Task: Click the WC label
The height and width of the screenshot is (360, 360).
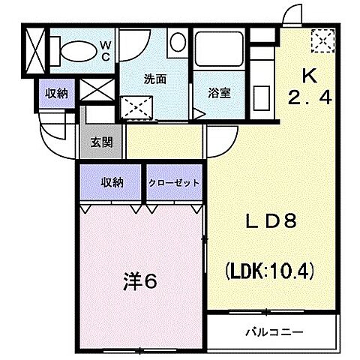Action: pyautogui.click(x=105, y=50)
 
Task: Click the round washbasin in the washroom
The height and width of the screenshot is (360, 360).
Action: pyautogui.click(x=178, y=42)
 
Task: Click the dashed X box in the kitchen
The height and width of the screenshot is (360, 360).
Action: pyautogui.click(x=323, y=39)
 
